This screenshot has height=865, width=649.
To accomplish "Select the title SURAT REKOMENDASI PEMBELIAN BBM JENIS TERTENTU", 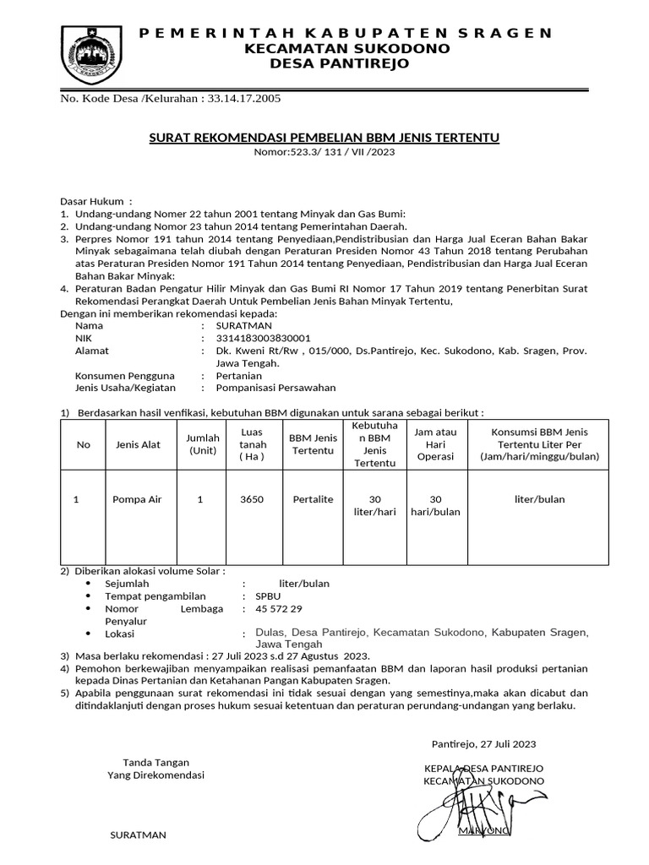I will click(x=324, y=138).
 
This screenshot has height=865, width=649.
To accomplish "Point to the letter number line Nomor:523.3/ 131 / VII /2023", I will click(x=324, y=153).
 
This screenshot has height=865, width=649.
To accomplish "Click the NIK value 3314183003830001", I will click(x=264, y=338).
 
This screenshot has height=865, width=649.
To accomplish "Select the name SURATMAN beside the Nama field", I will click(x=245, y=325).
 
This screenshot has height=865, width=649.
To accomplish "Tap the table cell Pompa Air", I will click(x=136, y=499).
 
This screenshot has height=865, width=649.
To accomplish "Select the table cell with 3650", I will click(x=253, y=499).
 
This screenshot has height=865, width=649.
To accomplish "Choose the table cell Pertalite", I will click(x=312, y=499).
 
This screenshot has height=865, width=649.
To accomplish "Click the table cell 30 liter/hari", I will click(x=375, y=506).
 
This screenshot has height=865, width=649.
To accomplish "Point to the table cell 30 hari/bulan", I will click(x=436, y=506).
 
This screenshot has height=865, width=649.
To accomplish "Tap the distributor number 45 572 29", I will click(x=278, y=609).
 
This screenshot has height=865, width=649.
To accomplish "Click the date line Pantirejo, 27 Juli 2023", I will click(x=483, y=744).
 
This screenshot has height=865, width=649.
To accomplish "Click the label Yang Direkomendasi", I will click(x=155, y=775).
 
